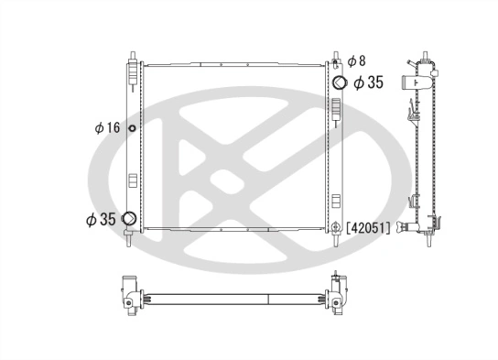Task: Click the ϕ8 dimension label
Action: [358, 61]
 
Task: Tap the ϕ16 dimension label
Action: [107, 127]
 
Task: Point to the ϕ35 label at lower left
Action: [101, 219]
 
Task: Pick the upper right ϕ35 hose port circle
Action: [339, 82]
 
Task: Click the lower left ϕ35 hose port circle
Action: [130, 219]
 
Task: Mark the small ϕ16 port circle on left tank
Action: [132, 127]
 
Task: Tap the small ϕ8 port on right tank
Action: [338, 61]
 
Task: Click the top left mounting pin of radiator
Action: [133, 56]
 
